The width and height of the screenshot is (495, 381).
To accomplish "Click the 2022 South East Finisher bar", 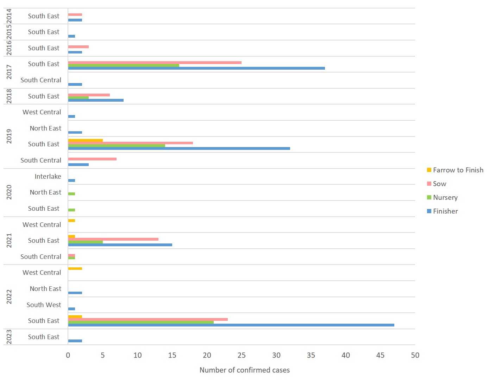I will coord(231,325).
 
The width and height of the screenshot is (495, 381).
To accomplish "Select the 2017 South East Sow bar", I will coord(155,63).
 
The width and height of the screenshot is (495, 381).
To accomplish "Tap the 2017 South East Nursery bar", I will coord(124,65).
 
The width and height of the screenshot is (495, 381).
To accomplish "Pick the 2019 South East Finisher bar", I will coord(179,148).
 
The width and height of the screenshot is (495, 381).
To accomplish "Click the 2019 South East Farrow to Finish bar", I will coord(85,140).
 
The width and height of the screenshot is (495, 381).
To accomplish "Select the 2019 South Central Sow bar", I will coord(92,159).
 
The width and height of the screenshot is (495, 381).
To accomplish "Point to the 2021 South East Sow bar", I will coord(113,239).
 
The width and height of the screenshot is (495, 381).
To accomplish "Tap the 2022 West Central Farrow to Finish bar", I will coord(75,268).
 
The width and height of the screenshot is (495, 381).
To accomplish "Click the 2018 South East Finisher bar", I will coord(96,100).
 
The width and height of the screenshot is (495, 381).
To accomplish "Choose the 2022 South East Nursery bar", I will coord(141,322).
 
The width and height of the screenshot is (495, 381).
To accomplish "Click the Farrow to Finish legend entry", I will coord(458,170).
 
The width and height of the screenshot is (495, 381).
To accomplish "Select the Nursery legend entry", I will coord(445,198).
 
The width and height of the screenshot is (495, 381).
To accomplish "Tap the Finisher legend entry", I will coord(445,211).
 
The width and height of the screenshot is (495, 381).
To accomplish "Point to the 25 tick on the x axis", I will coord(242,355).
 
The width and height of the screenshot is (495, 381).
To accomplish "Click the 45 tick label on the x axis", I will coord(380,355).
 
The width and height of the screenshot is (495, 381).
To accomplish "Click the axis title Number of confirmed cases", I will coord(245,370).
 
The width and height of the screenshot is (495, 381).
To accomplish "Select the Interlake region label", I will coord(48,177).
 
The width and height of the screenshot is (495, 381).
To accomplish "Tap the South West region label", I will coord(44,305).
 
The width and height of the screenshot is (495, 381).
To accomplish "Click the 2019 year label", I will coord(9,136).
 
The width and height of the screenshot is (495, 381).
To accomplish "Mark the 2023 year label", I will coord(9,337).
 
